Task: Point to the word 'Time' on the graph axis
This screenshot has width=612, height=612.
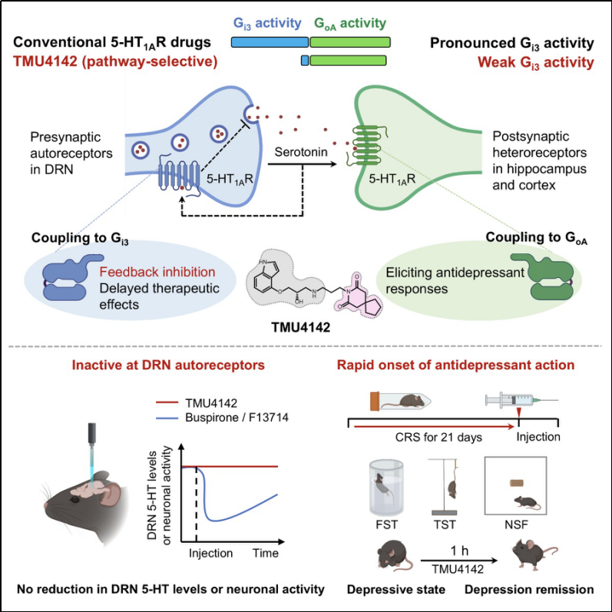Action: click(x=263, y=552)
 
